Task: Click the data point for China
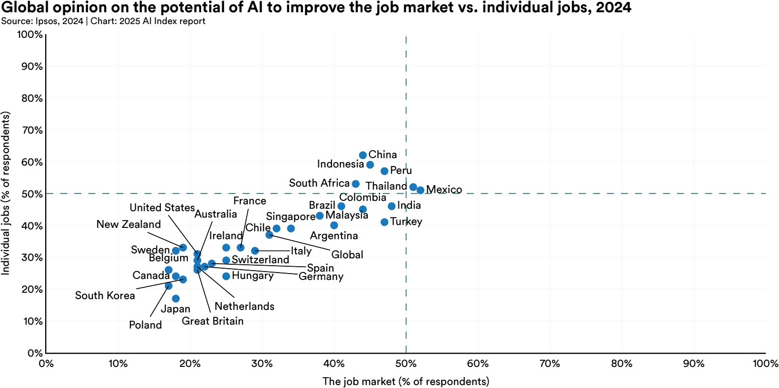[x=363, y=155]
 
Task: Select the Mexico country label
[x=444, y=190]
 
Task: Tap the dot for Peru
[x=384, y=171]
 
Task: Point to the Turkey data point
[x=384, y=222]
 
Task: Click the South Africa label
[x=319, y=183]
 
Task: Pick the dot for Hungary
[x=226, y=276]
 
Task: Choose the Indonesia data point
[x=370, y=165]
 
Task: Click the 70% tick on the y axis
[x=32, y=130]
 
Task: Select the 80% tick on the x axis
[x=622, y=363]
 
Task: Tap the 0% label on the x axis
[x=46, y=363]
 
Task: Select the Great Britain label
[x=212, y=321]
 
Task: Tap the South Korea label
[x=104, y=296]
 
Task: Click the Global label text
[x=347, y=255]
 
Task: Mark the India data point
[x=391, y=206]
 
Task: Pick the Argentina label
[x=334, y=236]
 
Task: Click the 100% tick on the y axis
[x=30, y=34]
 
